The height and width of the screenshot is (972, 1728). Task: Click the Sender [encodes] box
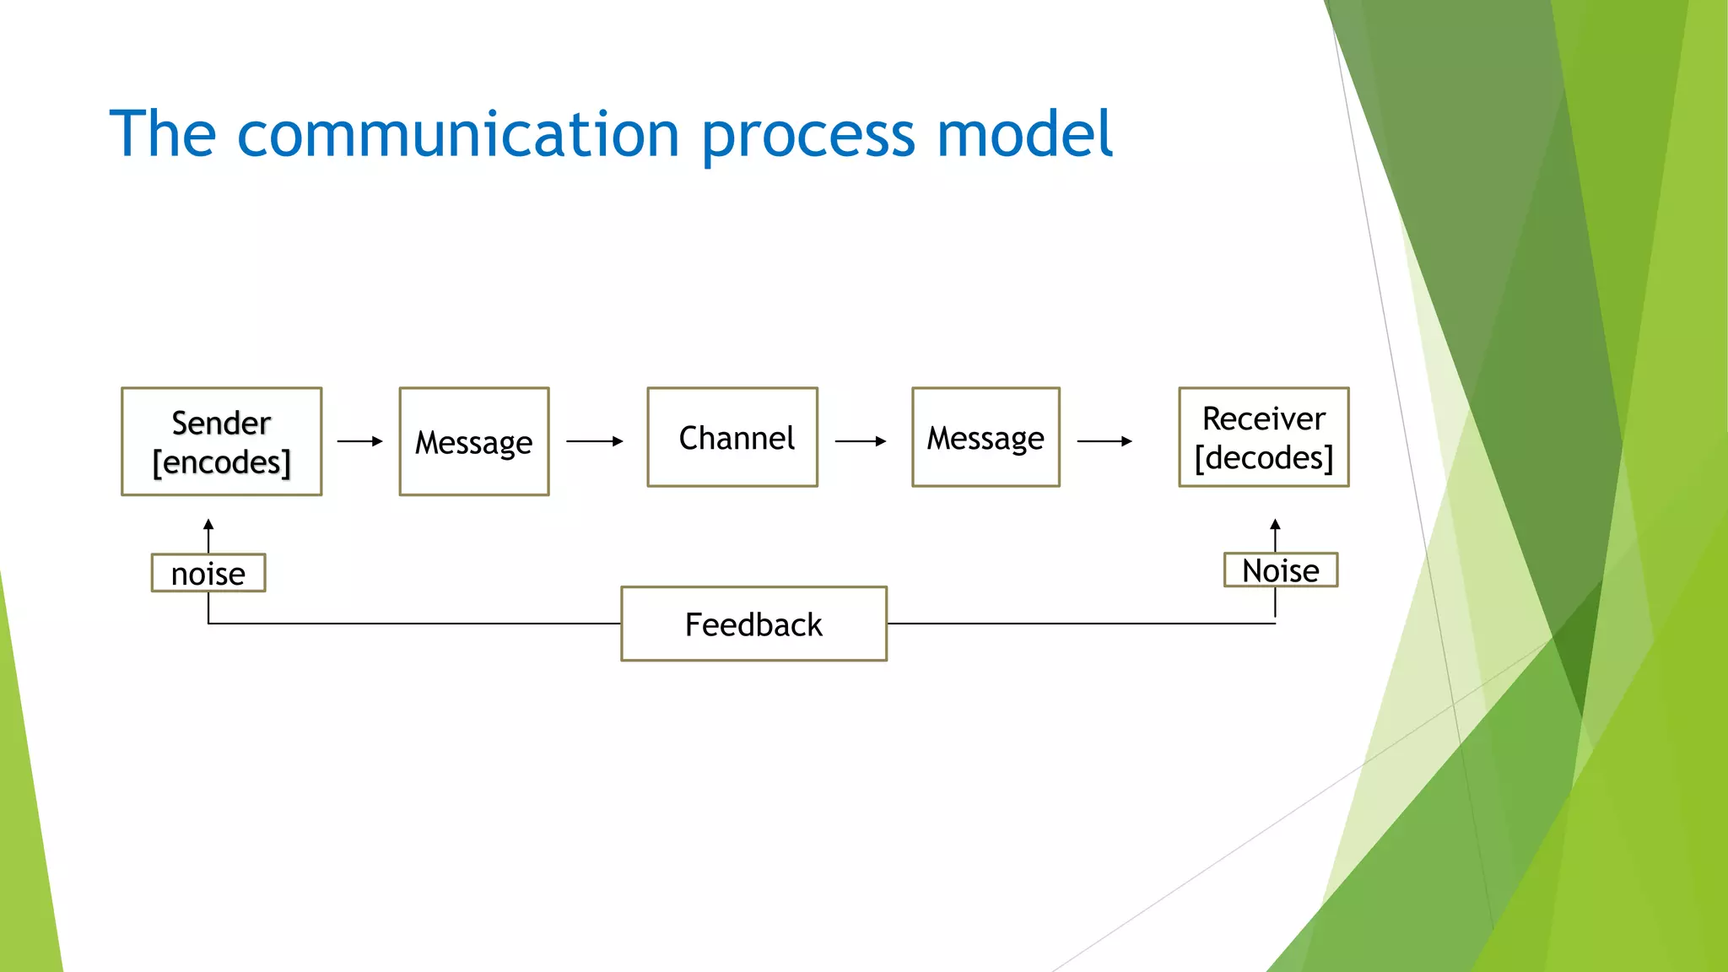221,441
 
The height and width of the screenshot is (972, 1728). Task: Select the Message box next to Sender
473,441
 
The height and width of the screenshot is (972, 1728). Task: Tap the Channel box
732,437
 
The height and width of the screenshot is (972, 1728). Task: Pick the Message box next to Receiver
985,437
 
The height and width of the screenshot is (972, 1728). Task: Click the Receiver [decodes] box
1263,437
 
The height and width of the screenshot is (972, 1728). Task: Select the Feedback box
753,624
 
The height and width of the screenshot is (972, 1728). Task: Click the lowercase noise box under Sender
208,573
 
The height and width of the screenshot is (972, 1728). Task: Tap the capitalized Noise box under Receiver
1280,570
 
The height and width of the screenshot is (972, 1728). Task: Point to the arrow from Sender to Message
360,441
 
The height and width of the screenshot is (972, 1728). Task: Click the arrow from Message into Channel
594,441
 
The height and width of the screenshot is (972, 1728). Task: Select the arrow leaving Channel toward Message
860,441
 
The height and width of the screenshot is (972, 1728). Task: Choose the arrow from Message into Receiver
1104,441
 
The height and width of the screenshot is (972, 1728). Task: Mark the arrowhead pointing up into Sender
208,525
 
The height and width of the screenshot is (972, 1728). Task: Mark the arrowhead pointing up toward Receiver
1275,524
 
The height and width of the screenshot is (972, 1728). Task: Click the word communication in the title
457,135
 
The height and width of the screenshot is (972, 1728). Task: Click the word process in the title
807,135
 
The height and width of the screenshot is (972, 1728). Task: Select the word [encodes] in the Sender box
221,462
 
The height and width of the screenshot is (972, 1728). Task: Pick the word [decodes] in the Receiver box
1263,458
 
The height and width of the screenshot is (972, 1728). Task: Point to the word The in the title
163,135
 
